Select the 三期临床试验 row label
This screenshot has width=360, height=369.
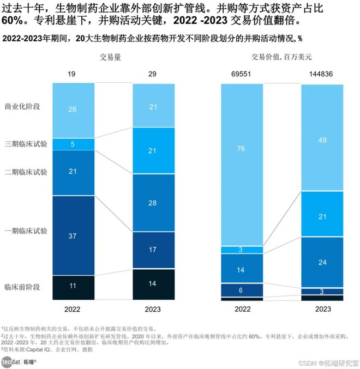(x=25, y=144)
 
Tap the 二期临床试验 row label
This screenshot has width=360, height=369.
(x=25, y=172)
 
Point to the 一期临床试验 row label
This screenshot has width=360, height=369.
(x=25, y=231)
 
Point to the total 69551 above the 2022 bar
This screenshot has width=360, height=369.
(x=242, y=74)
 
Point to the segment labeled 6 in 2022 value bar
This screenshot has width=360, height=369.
(x=242, y=291)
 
